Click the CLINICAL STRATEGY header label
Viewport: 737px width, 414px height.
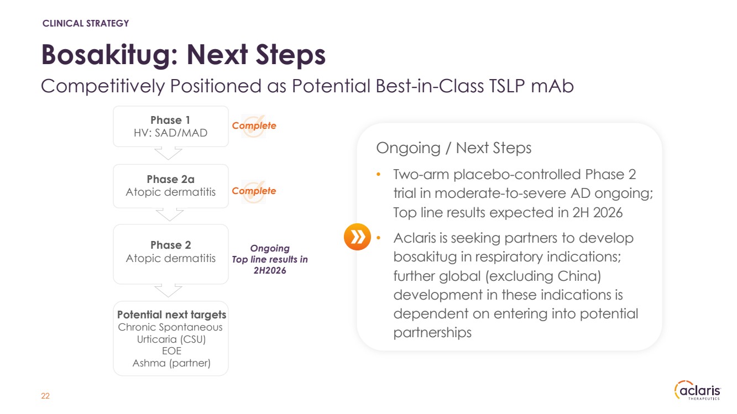coord(86,23)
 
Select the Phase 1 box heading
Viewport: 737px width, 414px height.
coord(170,120)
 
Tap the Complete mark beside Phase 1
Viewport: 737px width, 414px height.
coord(254,125)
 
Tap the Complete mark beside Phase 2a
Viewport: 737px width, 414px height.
coord(254,191)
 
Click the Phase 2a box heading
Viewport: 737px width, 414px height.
coord(170,179)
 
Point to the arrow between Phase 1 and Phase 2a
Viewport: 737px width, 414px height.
coord(168,154)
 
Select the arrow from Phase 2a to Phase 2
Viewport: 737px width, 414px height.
coord(169,214)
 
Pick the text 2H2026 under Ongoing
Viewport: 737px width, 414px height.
coord(270,271)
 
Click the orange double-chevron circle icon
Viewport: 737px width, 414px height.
coord(357,237)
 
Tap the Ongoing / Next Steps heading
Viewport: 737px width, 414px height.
coord(454,148)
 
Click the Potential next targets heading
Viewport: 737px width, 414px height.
coord(171,315)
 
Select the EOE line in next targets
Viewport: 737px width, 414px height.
coord(171,351)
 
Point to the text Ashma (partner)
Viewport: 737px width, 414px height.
coord(171,363)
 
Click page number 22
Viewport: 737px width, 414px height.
coord(45,396)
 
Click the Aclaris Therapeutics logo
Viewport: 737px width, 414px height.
coord(698,390)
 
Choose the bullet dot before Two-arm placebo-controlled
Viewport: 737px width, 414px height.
coord(378,174)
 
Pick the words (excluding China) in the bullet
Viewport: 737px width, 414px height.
coord(543,276)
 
